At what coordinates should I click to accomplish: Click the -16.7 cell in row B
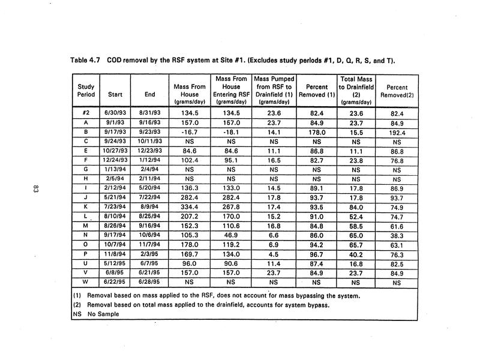[190, 132]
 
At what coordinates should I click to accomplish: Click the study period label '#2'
[86, 113]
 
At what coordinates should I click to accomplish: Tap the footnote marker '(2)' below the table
[77, 306]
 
